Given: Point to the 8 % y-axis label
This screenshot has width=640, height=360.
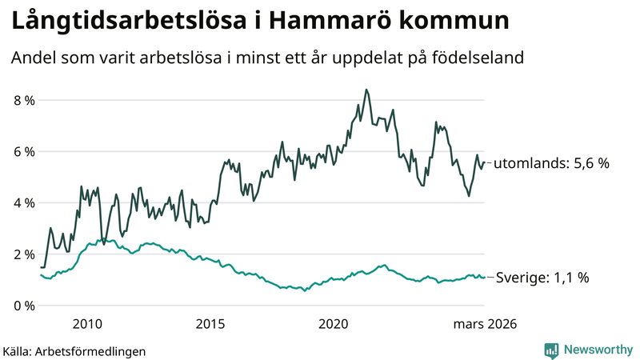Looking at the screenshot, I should (24, 101).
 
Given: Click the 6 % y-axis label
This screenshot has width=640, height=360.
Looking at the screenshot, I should (24, 152).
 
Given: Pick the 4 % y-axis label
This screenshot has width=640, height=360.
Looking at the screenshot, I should (24, 203).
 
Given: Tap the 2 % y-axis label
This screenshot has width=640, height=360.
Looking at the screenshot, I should (24, 254).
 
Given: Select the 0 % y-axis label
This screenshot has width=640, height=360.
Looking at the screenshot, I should (24, 306).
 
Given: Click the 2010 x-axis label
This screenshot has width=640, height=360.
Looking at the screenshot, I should (87, 324).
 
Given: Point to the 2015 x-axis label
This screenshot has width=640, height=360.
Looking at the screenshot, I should (210, 324).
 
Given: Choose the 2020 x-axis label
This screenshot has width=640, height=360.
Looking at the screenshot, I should (334, 324).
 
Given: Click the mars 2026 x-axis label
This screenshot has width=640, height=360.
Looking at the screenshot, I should (485, 324).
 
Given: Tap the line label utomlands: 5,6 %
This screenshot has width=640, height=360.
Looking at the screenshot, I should (551, 163).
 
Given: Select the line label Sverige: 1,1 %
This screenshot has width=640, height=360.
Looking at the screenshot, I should (542, 278).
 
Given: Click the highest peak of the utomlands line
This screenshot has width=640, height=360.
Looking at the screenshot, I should (366, 90).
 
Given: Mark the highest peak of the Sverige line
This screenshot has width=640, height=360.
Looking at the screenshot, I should (99, 239).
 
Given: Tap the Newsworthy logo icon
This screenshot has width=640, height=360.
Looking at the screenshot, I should (551, 350).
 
